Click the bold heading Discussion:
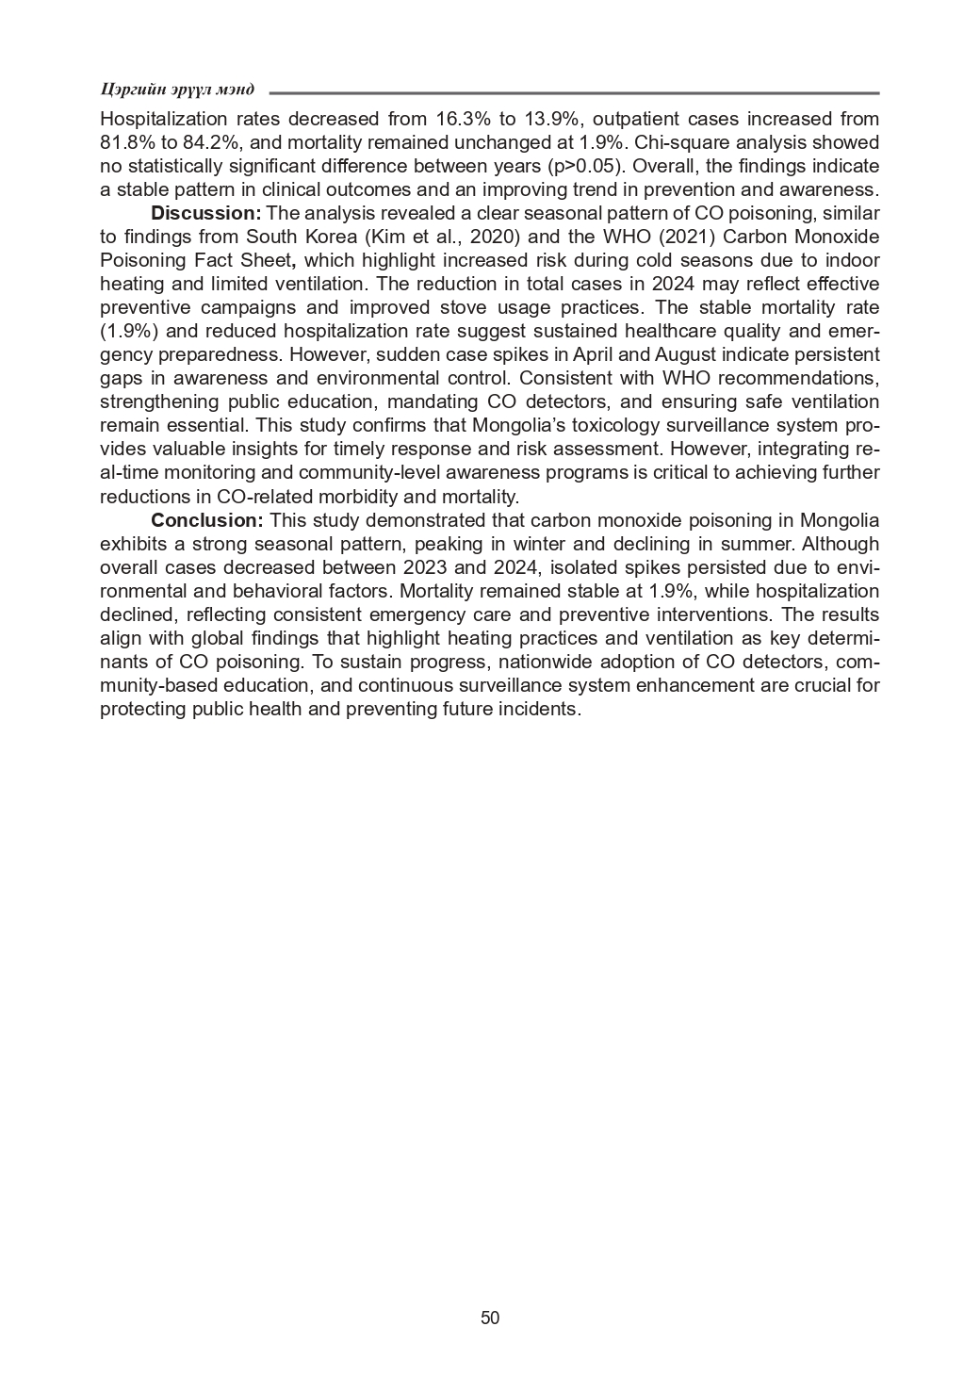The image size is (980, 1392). (x=205, y=212)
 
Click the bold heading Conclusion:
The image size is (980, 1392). (x=207, y=519)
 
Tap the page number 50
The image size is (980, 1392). (x=490, y=1318)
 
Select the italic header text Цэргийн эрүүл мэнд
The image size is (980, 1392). (x=177, y=90)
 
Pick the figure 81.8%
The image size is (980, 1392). (x=128, y=142)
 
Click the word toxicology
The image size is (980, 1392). (x=612, y=425)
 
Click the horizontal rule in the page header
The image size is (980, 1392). (x=574, y=93)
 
